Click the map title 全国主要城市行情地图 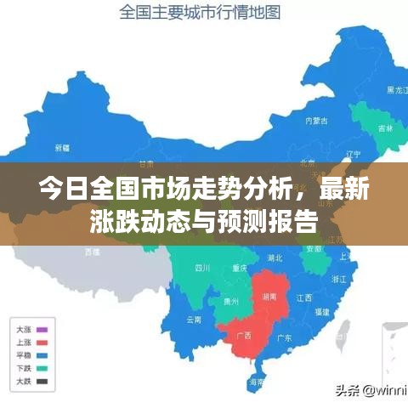click(x=200, y=13)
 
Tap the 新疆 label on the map click(x=62, y=147)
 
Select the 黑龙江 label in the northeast click(x=397, y=89)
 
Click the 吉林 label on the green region click(x=387, y=128)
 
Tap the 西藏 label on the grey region click(x=92, y=251)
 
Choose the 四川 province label click(x=201, y=267)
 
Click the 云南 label click(x=194, y=320)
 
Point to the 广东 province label click(x=284, y=337)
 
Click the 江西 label click(x=304, y=297)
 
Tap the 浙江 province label click(x=337, y=279)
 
